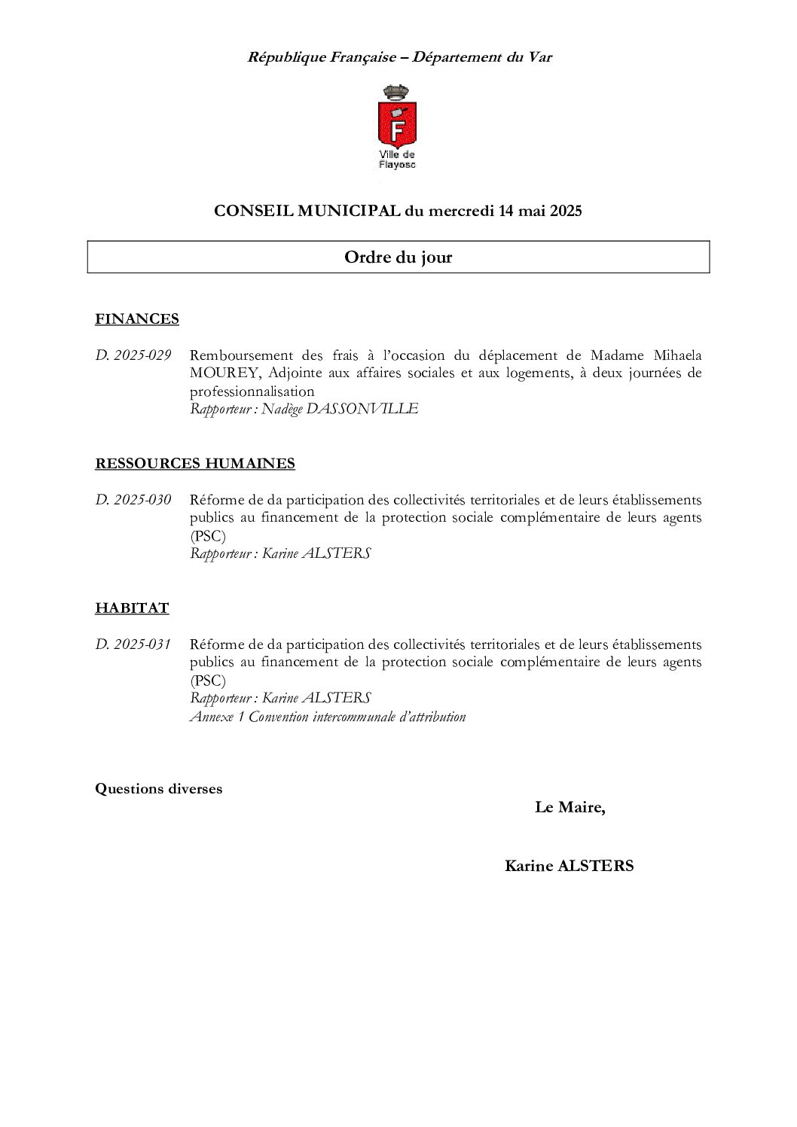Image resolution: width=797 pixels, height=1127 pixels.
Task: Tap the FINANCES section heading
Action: coord(137,319)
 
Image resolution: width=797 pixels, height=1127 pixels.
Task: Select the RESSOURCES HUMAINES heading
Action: coord(195,464)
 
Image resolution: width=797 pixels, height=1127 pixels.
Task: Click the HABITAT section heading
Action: coord(132,608)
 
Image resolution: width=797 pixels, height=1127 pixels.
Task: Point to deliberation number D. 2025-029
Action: coord(133,355)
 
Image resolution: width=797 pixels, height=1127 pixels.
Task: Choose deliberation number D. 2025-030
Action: coord(133,500)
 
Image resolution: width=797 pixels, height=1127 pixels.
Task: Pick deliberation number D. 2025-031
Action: coord(133,644)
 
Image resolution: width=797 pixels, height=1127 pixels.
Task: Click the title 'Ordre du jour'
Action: coord(398,257)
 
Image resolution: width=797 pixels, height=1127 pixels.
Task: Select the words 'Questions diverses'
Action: coord(159,789)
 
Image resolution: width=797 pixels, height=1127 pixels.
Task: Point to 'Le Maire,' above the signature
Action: coord(570,808)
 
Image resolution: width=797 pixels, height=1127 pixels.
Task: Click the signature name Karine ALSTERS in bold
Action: coord(569,866)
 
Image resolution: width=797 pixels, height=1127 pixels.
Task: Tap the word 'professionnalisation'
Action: coord(252,391)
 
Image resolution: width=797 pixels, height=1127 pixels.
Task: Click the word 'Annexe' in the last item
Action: coord(212,717)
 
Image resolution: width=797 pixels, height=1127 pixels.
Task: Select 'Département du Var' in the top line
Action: coord(482,57)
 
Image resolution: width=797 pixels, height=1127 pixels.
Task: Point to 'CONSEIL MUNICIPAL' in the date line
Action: coord(307,212)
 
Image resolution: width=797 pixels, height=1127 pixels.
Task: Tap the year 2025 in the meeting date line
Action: coord(565,212)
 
